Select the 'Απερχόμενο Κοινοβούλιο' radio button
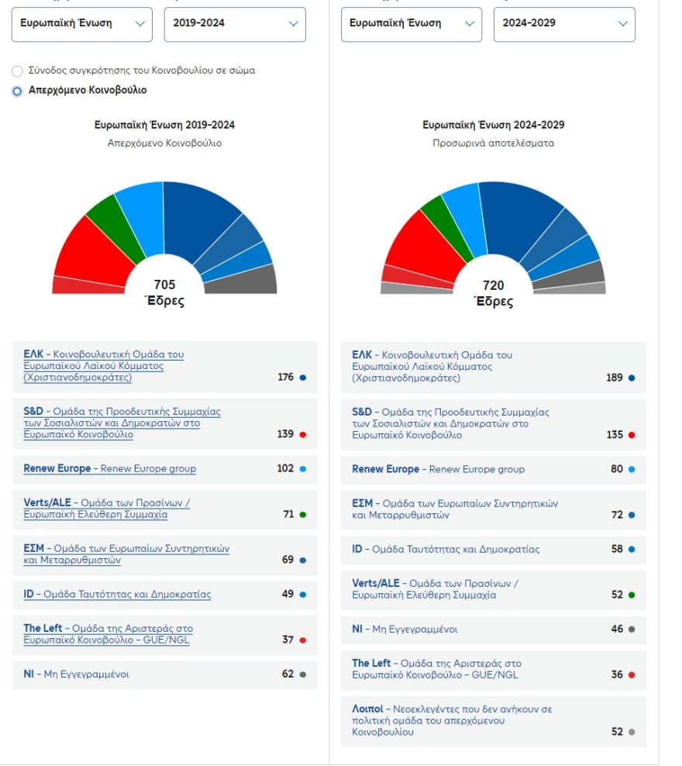[17, 91]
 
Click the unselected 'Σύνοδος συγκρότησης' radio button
[17, 71]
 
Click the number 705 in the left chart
[164, 285]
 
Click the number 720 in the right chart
[493, 285]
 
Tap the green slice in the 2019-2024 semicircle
[105, 214]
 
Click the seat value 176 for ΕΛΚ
[285, 378]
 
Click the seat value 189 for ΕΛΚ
[614, 378]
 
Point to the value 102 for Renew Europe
[285, 468]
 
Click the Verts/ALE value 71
[288, 514]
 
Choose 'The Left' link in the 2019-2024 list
[43, 629]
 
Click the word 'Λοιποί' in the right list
[367, 709]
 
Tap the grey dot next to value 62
[303, 675]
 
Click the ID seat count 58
[616, 549]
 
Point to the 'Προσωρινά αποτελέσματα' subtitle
[493, 143]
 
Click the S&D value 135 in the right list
[614, 435]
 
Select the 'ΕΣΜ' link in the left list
[33, 549]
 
